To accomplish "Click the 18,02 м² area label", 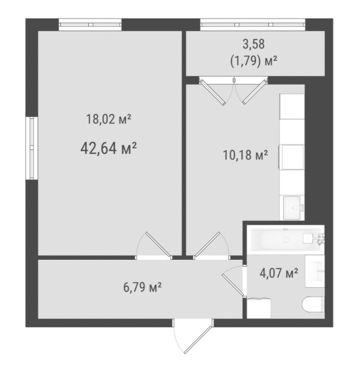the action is click(x=108, y=119).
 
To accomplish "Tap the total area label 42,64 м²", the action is click(x=108, y=149).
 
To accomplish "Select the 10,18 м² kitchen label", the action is click(x=245, y=155).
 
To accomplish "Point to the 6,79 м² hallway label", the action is click(x=143, y=287).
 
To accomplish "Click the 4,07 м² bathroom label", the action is click(x=279, y=273).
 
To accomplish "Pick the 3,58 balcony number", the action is click(x=253, y=44).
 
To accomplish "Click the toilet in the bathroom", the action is click(x=313, y=304).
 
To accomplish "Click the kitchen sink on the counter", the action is click(x=292, y=208).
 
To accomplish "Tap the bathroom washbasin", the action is click(x=315, y=271).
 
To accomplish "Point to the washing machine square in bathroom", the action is click(x=259, y=308).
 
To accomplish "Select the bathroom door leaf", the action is click(x=233, y=285).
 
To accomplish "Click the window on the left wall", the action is click(x=32, y=148).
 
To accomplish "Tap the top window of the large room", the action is click(x=90, y=25).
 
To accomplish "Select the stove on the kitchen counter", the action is click(x=291, y=157).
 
